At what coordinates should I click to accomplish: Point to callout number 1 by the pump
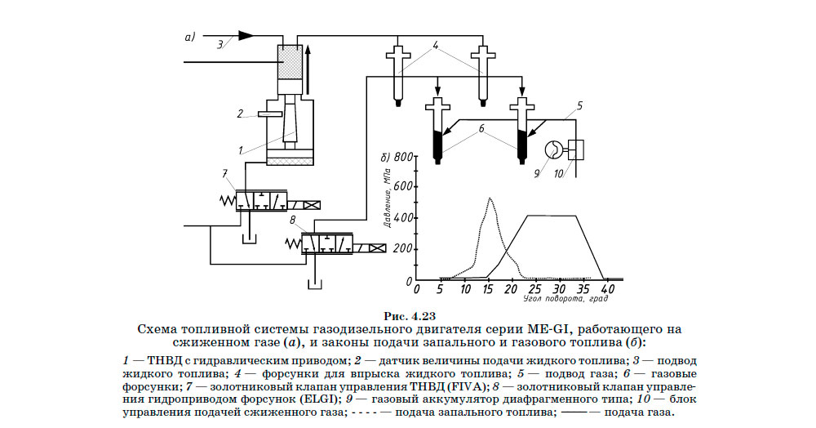(240, 150)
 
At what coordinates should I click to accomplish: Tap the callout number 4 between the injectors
(437, 47)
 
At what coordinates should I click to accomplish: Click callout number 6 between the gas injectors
(481, 128)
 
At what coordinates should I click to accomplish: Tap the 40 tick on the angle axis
(605, 288)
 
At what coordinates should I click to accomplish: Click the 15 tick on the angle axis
(487, 288)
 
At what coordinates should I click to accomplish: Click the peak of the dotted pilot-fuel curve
(490, 198)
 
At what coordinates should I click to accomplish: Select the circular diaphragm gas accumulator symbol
(552, 149)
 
